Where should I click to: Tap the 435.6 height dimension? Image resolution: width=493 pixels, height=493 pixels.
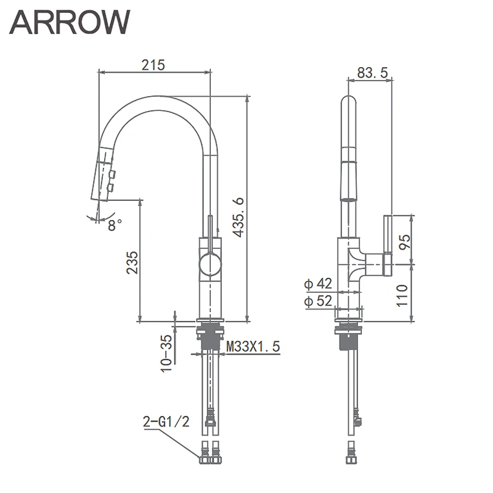[x=238, y=216]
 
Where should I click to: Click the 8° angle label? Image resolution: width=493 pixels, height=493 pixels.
[x=115, y=226]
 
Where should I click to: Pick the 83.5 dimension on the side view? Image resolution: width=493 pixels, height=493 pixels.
[x=372, y=73]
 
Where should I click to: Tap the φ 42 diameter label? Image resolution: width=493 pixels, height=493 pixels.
[x=318, y=283]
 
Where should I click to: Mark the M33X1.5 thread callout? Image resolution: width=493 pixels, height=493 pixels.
[x=253, y=347]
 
